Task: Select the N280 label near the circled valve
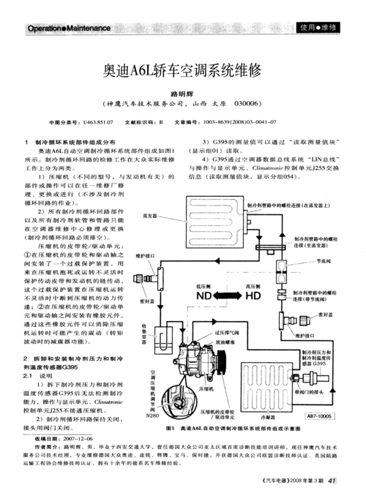[x=153, y=415]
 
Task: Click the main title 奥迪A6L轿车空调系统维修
[x=183, y=72]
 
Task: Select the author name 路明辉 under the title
[x=183, y=94]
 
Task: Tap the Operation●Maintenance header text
[x=68, y=28]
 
